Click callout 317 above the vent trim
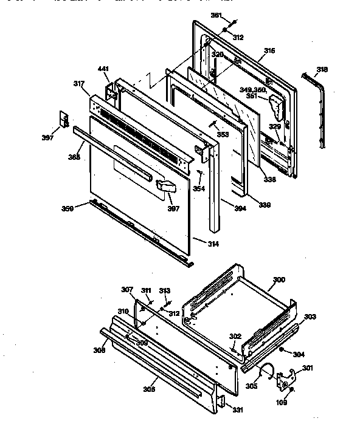(78, 84)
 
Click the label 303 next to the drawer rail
(310, 317)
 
